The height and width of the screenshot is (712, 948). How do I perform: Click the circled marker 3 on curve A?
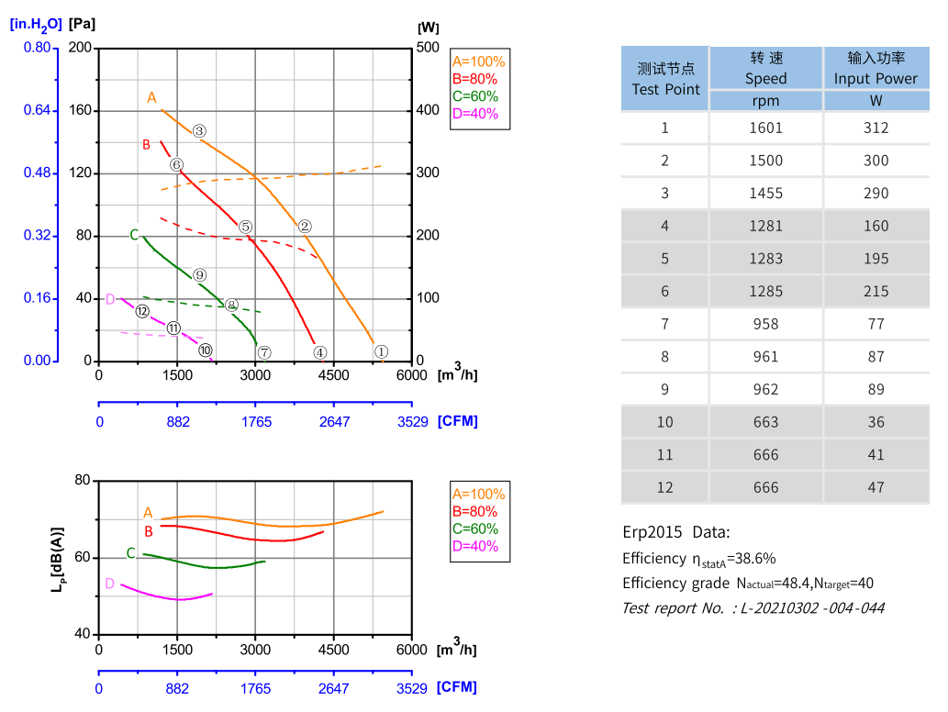click(x=199, y=131)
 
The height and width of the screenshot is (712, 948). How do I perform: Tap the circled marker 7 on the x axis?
click(x=264, y=352)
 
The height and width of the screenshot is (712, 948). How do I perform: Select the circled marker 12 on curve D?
click(x=142, y=311)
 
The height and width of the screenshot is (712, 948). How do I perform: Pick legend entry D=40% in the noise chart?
click(x=475, y=546)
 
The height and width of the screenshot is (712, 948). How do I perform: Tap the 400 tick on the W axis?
click(x=429, y=111)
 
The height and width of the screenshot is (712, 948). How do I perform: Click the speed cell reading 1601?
click(x=765, y=128)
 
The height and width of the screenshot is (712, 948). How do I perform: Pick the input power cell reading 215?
click(x=876, y=291)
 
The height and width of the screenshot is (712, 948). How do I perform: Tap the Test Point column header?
click(x=665, y=79)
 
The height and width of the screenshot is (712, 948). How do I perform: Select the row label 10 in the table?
click(x=665, y=422)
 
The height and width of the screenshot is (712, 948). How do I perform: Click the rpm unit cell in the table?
click(x=765, y=101)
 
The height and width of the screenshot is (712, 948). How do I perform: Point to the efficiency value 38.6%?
click(x=757, y=558)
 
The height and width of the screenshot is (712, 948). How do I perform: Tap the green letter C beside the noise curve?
click(x=130, y=553)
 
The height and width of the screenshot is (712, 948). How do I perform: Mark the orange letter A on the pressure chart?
click(x=152, y=97)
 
